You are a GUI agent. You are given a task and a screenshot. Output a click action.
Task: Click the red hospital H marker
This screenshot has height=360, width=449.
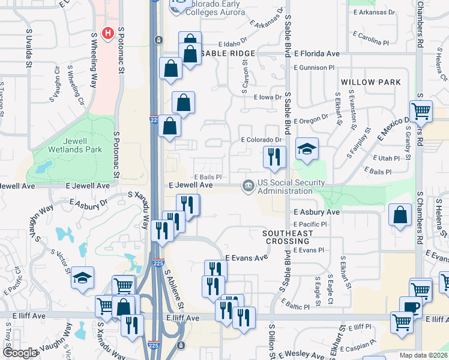(x=107, y=33)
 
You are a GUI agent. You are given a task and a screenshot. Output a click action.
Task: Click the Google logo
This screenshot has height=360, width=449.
(x=19, y=353)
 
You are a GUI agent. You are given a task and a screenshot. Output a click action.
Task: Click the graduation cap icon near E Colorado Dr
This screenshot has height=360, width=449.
(x=306, y=149)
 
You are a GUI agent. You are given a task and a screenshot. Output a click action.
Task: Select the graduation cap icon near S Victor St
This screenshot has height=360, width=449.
(x=83, y=277)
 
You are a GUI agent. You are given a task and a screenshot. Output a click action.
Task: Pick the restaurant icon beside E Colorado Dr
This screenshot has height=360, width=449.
(x=273, y=157)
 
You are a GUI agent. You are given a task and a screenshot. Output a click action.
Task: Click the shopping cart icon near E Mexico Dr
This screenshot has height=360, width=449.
(x=421, y=110)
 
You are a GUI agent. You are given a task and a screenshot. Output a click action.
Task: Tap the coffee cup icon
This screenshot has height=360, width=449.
(x=411, y=306)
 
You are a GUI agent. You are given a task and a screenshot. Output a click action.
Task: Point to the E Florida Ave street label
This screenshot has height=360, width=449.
(x=316, y=54)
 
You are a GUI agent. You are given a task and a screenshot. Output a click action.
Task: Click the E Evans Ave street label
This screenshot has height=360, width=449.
(x=246, y=257)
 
